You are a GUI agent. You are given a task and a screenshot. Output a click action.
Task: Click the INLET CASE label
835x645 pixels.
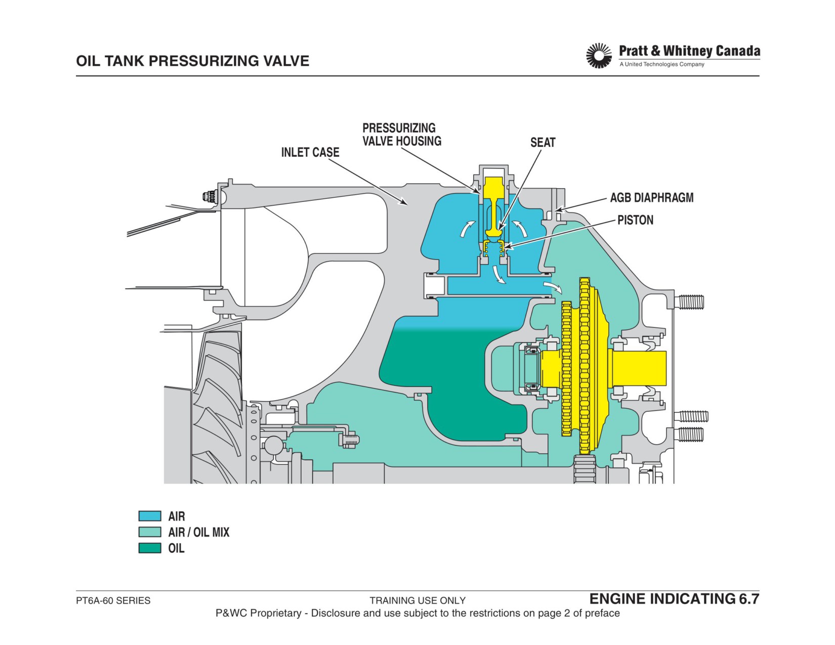click(x=310, y=152)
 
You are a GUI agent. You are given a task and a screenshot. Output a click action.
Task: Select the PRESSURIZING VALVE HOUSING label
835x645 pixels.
click(x=401, y=135)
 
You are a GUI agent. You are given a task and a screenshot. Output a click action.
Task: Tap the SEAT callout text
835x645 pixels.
click(x=542, y=143)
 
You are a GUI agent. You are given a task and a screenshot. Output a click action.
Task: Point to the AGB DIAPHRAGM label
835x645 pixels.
click(x=652, y=198)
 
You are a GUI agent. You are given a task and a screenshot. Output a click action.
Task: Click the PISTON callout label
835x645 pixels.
click(x=635, y=220)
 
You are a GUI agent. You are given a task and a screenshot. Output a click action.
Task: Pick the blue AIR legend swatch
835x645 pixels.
click(x=150, y=516)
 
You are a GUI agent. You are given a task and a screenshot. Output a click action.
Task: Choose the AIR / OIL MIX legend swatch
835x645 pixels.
click(x=150, y=532)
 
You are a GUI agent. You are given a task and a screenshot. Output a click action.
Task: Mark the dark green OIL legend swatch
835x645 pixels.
click(x=150, y=548)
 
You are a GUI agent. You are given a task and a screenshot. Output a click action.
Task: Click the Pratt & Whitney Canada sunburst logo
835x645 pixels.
click(x=599, y=56)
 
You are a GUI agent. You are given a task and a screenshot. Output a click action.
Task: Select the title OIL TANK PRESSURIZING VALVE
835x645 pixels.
click(x=192, y=61)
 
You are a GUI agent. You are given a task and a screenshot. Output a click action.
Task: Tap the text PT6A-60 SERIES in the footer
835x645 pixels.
click(x=113, y=600)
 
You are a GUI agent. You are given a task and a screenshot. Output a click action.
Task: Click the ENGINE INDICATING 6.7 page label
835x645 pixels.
click(x=675, y=599)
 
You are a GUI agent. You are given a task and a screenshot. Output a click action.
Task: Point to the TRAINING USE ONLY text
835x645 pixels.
click(x=418, y=600)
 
